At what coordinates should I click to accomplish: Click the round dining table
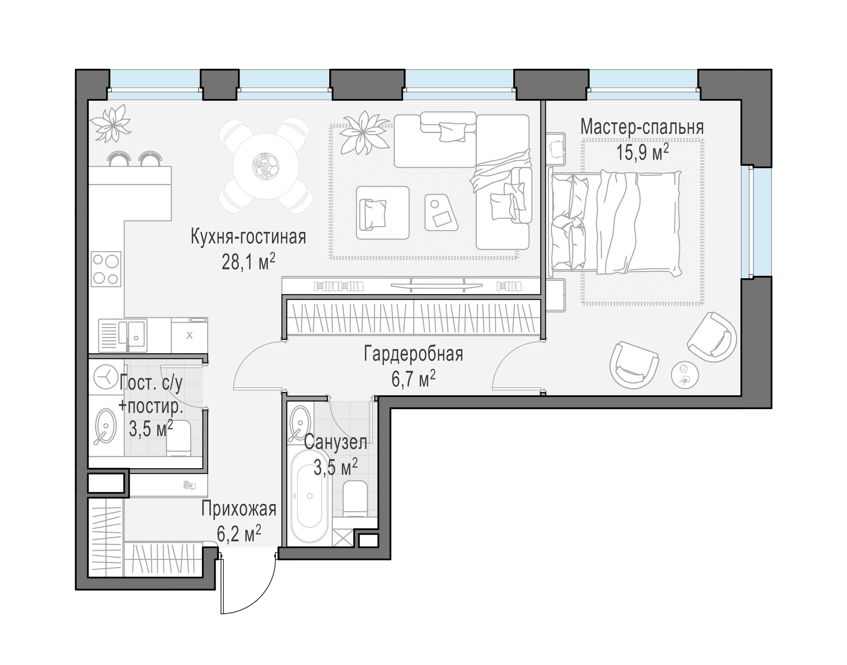pos(265,166)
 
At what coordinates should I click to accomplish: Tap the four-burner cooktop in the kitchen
pos(106,269)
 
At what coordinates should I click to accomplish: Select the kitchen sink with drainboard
pos(123,336)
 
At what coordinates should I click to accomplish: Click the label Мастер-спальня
pos(642,127)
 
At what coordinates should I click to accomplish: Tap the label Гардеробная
pos(413,354)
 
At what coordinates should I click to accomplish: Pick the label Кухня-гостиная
pos(248,237)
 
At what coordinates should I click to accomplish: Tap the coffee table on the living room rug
pos(441,212)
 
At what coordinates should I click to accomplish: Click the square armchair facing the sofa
pos(383,213)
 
